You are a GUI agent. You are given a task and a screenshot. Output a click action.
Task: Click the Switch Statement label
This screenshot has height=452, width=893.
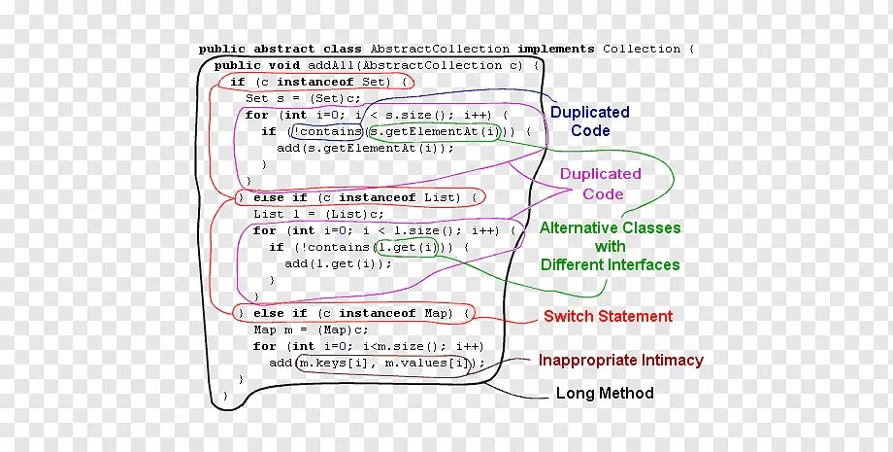(608, 316)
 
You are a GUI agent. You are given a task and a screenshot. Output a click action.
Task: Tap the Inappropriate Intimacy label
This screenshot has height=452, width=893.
(620, 361)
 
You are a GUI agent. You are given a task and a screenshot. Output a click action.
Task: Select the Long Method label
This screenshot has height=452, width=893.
(604, 394)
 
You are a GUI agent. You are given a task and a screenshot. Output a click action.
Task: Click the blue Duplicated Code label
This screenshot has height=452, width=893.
(589, 122)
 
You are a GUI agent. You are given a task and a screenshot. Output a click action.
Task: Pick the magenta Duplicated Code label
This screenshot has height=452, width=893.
(602, 185)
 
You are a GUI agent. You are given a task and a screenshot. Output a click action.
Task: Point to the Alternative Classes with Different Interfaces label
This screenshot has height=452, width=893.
(610, 246)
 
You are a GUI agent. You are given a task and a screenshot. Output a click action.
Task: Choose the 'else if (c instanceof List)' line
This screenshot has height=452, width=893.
(359, 197)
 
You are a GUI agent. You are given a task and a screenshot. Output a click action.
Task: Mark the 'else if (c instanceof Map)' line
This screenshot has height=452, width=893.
(355, 313)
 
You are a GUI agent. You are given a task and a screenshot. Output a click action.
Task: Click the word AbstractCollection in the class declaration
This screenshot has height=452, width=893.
(440, 49)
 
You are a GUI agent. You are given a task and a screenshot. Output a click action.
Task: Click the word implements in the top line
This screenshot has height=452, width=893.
(555, 49)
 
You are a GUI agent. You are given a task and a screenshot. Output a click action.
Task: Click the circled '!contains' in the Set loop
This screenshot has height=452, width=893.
(327, 131)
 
